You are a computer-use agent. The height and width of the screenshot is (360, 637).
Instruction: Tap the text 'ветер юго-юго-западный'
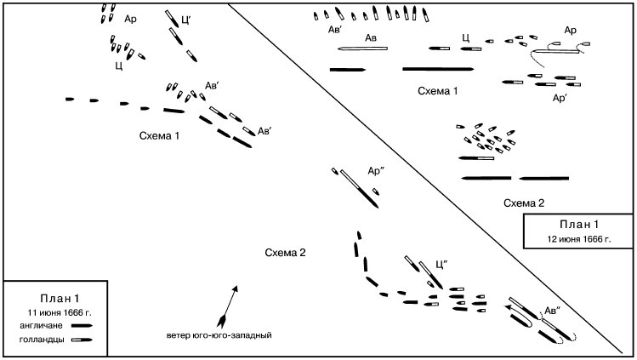click(219, 334)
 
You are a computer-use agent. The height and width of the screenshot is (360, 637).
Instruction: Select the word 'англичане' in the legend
click(42, 324)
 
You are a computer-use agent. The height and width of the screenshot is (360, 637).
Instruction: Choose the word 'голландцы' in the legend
click(43, 340)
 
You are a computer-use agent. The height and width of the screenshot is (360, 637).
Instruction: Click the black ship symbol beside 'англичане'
click(82, 324)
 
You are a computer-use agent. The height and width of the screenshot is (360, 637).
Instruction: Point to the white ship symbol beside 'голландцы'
click(82, 340)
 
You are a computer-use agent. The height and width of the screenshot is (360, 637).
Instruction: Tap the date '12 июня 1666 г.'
click(579, 240)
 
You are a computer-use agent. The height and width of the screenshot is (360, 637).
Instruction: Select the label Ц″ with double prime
click(441, 263)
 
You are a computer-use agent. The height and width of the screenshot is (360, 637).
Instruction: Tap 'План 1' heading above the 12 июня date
click(578, 226)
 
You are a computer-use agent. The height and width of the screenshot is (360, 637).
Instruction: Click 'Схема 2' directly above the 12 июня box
click(523, 203)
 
